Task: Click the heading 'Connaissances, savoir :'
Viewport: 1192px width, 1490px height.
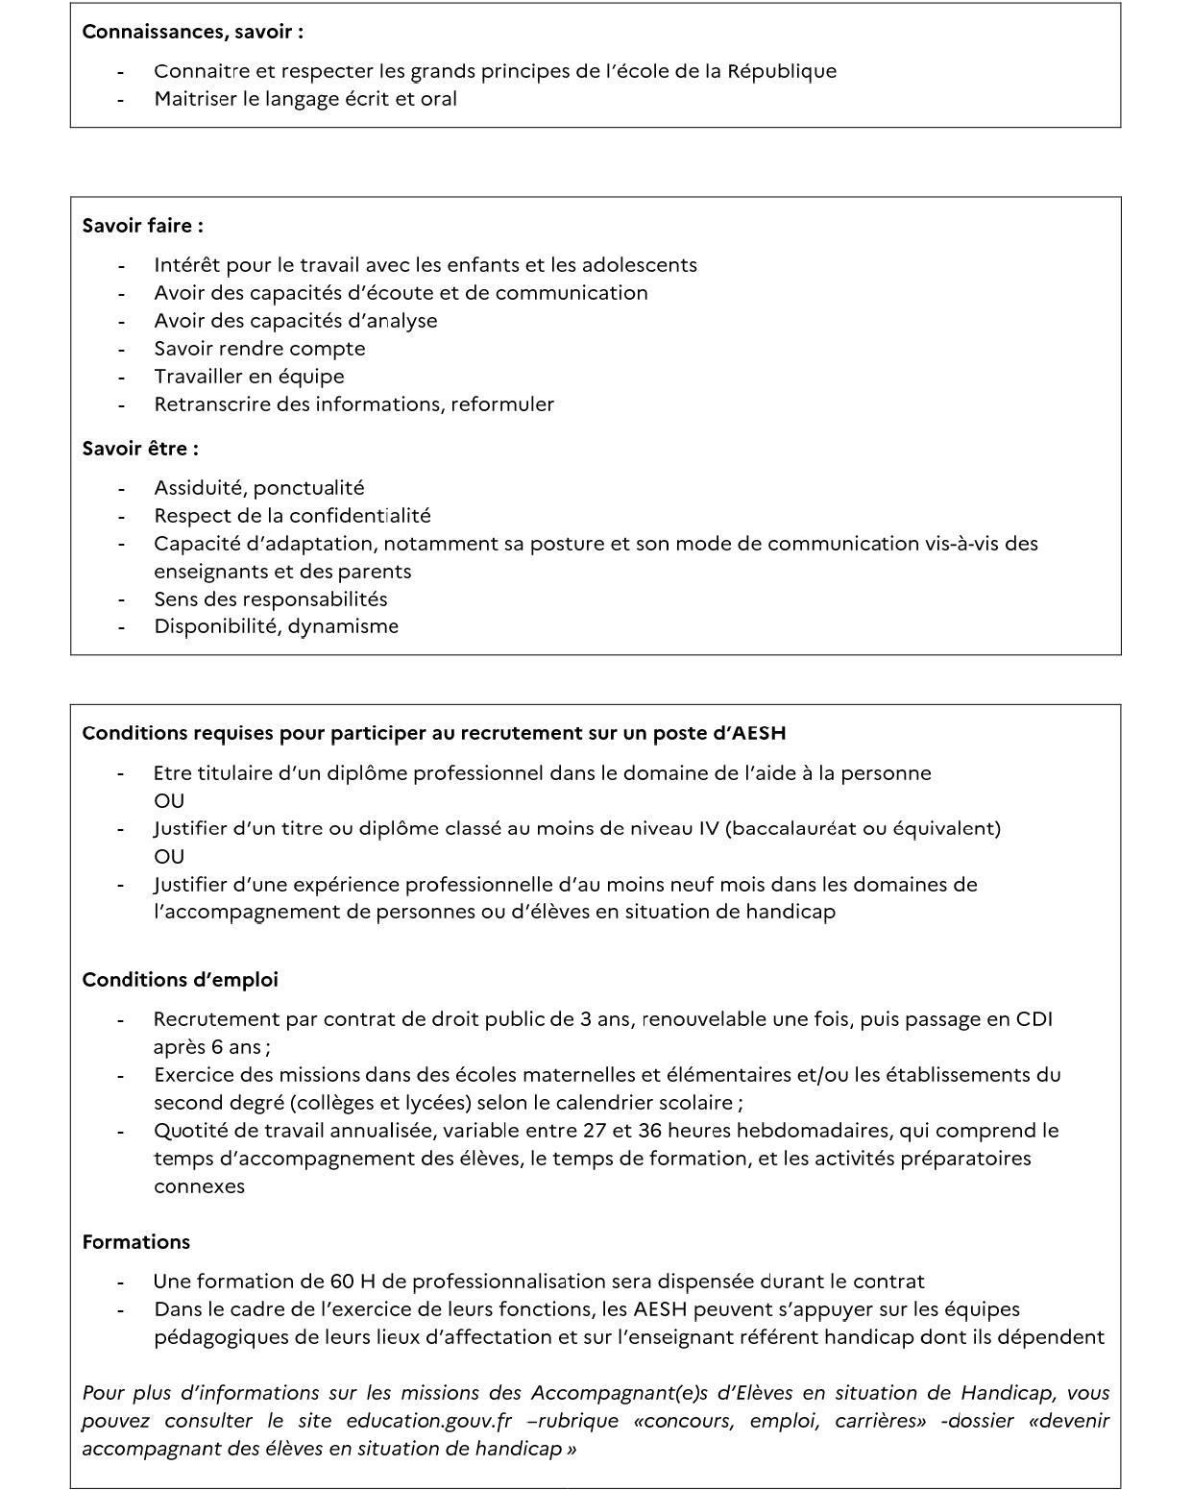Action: tap(192, 32)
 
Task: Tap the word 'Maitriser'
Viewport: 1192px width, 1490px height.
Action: tap(195, 99)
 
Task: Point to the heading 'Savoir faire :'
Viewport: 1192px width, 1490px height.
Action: tap(142, 226)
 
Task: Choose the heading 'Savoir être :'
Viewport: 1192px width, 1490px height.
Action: tap(140, 449)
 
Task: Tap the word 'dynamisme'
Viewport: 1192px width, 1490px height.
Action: tap(343, 626)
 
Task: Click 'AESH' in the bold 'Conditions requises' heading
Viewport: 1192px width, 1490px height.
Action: tap(759, 733)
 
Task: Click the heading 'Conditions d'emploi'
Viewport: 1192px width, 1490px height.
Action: tap(180, 980)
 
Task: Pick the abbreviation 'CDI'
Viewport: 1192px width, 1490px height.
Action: tap(1034, 1019)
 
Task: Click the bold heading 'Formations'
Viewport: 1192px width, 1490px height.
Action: tap(135, 1242)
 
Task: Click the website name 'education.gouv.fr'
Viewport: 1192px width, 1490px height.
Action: tap(429, 1421)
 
